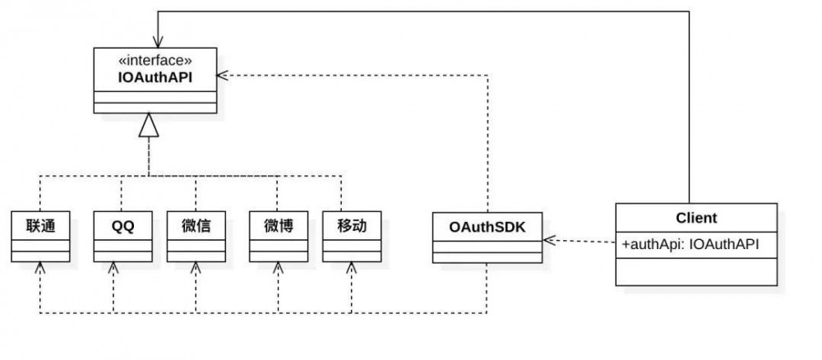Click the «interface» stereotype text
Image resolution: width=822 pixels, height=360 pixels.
tap(156, 60)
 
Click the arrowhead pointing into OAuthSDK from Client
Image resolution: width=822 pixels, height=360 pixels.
tap(548, 240)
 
